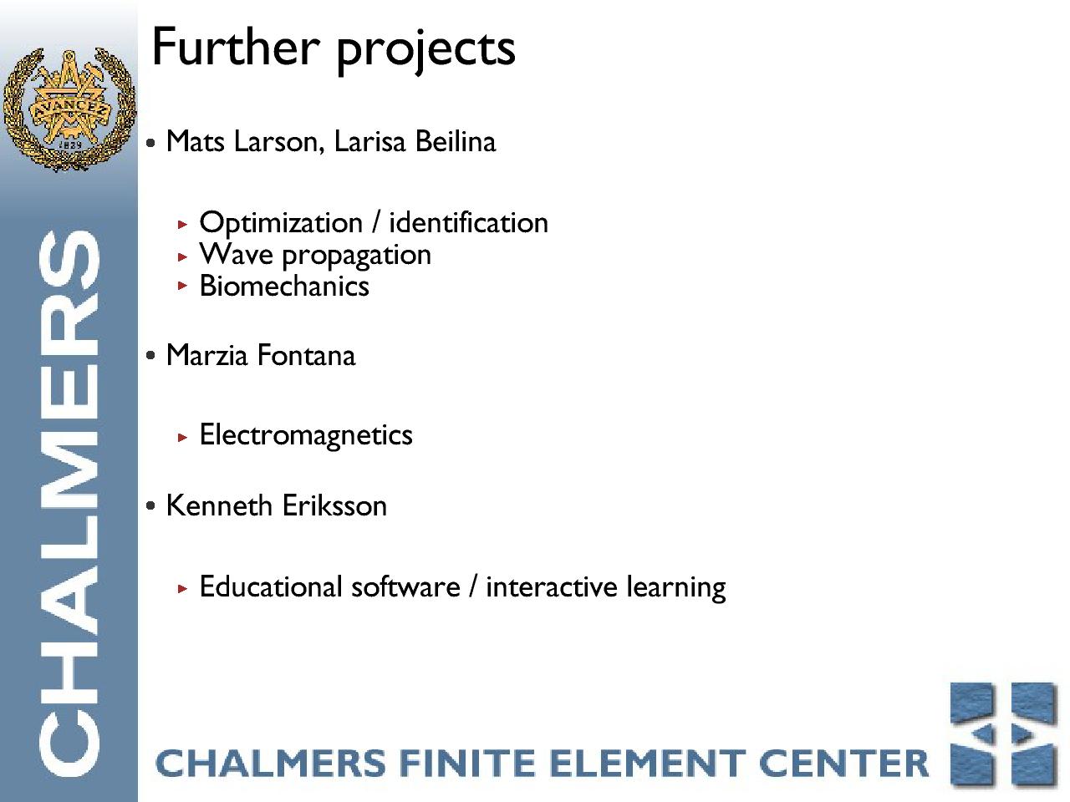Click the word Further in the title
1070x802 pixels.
tap(236, 47)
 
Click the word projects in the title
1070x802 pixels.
tap(425, 52)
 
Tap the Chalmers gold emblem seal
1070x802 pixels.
tap(69, 109)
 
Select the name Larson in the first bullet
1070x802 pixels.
tap(279, 142)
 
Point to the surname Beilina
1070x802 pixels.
tap(456, 142)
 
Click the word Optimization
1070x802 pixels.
tap(281, 224)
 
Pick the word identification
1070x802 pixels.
tap(468, 223)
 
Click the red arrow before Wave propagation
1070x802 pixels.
tap(182, 256)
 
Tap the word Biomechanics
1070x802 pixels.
tap(284, 286)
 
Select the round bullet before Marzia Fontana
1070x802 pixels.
tap(150, 356)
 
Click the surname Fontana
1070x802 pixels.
tap(306, 355)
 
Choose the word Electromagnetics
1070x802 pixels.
tap(306, 435)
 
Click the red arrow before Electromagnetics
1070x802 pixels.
tap(182, 437)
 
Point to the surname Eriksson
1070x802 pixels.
tap(335, 505)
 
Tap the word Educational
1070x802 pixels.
tap(271, 586)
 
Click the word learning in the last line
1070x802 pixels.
tap(676, 588)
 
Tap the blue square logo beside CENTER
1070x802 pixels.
tap(1004, 735)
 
